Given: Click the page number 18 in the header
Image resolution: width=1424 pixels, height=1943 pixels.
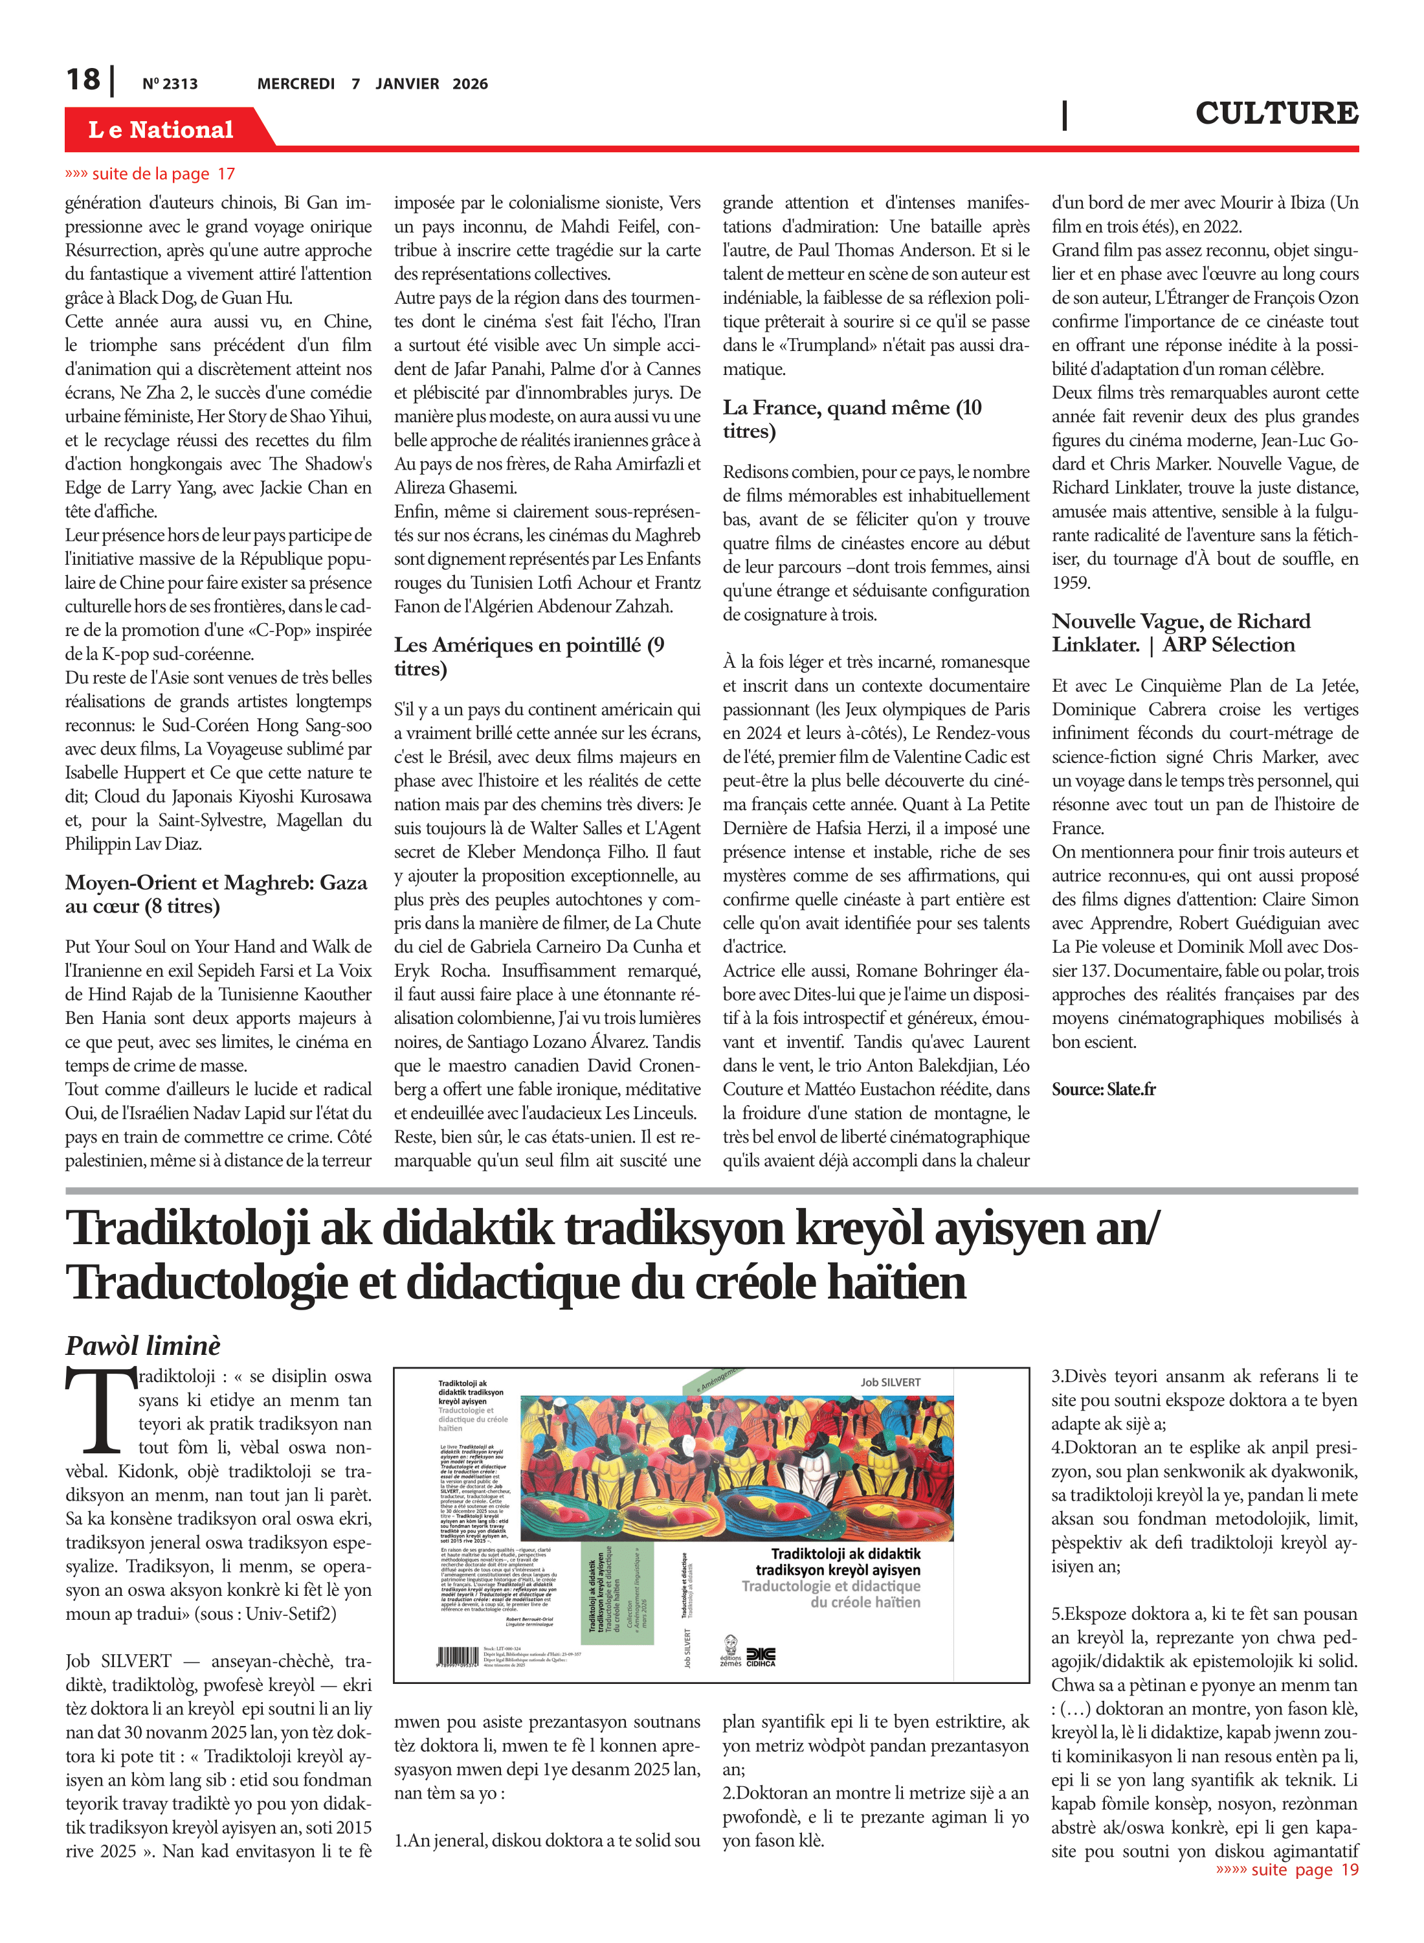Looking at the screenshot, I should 83,80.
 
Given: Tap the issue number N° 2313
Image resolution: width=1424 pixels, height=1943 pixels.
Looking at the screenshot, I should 170,84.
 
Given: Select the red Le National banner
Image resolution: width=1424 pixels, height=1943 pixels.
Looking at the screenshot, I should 161,130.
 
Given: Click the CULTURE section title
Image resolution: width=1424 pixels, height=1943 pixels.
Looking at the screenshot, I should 1276,113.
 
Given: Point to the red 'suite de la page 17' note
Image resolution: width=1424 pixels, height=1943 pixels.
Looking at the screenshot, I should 151,174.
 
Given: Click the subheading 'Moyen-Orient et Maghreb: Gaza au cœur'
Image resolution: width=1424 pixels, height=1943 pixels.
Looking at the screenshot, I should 216,893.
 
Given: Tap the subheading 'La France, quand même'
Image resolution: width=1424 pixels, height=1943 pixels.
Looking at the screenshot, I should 852,418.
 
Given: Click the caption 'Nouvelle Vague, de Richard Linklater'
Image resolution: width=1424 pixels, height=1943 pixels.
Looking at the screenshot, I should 1180,632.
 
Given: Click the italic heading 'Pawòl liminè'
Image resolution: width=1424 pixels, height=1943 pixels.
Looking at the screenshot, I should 143,1345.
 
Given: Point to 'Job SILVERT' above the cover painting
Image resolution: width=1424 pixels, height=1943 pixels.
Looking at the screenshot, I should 889,1381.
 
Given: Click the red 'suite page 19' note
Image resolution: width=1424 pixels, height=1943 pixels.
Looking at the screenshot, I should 1287,1869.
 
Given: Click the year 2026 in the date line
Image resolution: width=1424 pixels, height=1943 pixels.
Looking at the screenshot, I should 470,84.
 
